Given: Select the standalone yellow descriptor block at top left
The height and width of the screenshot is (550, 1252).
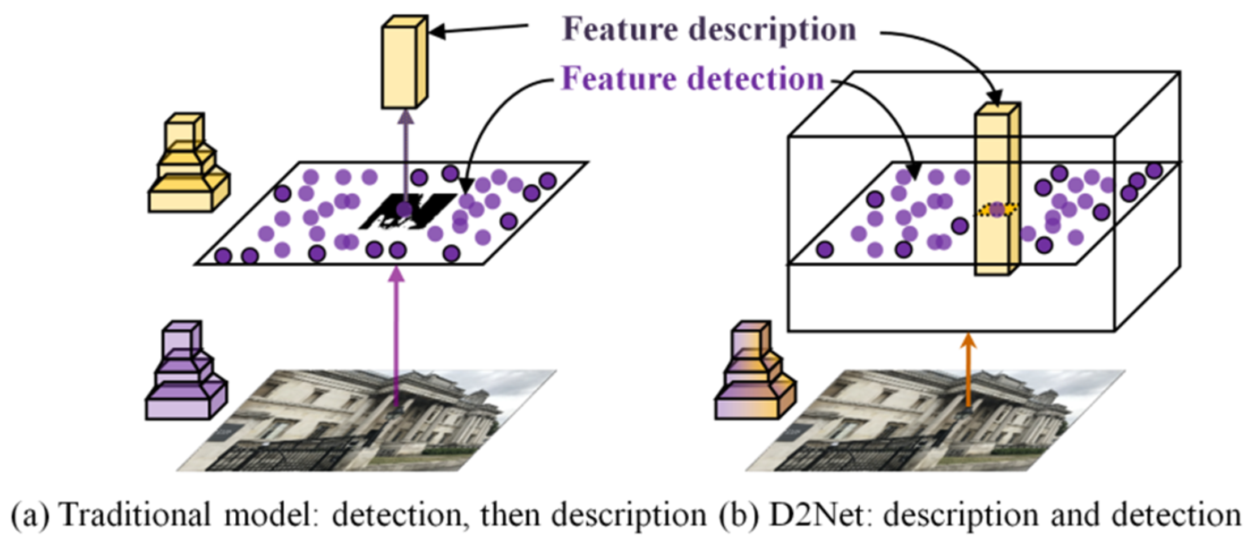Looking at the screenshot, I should [x=402, y=62].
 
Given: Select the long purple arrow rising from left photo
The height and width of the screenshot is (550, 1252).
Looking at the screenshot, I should [x=397, y=334].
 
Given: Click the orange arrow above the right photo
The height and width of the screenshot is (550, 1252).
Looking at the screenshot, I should [x=969, y=368].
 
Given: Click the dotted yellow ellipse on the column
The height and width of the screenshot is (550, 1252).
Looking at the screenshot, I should [x=996, y=210].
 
